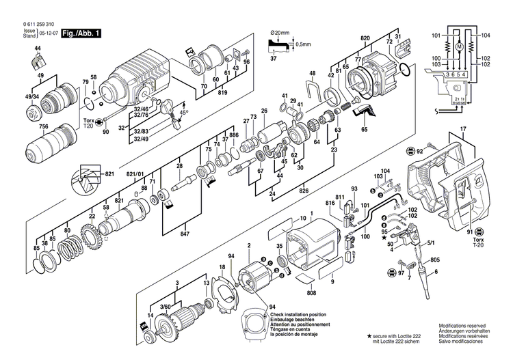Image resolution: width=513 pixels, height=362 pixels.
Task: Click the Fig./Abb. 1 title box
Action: coord(81,32)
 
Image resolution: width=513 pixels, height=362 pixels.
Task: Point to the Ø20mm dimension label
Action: coord(281,32)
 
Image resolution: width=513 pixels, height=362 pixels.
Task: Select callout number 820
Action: coord(365,39)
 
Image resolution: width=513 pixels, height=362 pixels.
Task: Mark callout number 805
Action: coord(435,260)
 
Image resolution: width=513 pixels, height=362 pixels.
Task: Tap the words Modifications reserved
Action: coord(462,328)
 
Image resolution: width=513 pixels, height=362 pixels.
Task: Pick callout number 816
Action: coord(330,204)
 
